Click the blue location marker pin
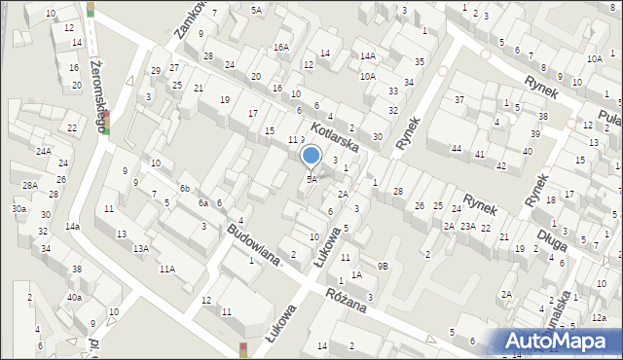coord(311,156)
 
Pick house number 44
coord(456,148)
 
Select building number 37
coord(458,100)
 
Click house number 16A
coord(281,47)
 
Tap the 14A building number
coord(367,56)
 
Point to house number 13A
coord(141,249)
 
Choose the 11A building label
coord(167,269)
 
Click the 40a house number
coord(74,298)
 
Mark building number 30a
coord(18,209)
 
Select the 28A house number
coord(29,185)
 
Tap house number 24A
coord(43,152)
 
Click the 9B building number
coord(384,267)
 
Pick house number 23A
coord(468,226)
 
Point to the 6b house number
coord(184,188)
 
